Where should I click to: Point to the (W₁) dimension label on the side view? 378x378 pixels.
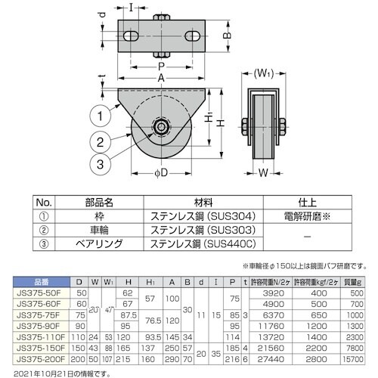click(262, 74)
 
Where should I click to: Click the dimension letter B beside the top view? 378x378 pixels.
click(227, 36)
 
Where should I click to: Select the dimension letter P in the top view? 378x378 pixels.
click(161, 67)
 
